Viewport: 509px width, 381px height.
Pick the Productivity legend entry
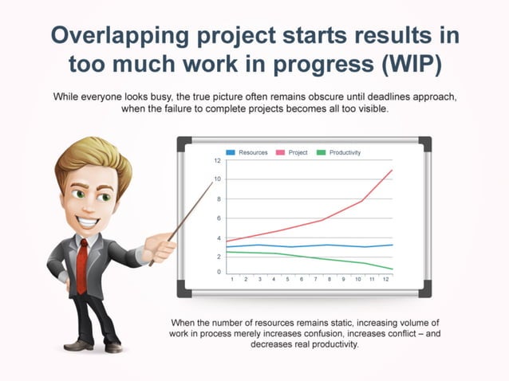pyautogui.click(x=341, y=151)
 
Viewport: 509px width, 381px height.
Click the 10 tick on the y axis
pyautogui.click(x=217, y=179)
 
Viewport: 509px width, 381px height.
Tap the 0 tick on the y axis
pyautogui.click(x=219, y=273)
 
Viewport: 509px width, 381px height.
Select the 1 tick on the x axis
pyautogui.click(x=231, y=280)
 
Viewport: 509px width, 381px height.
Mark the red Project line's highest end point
pyautogui.click(x=392, y=170)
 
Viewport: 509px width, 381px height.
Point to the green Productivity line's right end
pyautogui.click(x=392, y=269)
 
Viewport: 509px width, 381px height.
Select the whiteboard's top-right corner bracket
pyautogui.click(x=424, y=143)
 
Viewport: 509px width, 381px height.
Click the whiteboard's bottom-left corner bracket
pyautogui.click(x=184, y=291)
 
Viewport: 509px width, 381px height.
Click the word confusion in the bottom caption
pyautogui.click(x=326, y=334)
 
